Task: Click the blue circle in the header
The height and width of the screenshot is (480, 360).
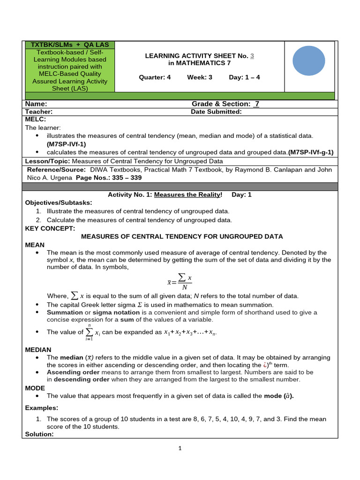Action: (x=308, y=60)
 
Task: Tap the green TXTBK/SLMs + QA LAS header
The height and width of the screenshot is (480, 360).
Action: (x=69, y=45)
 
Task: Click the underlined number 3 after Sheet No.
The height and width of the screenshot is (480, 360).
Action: (x=252, y=56)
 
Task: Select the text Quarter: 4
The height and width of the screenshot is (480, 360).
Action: (x=155, y=77)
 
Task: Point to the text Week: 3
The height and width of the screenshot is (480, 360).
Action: (x=200, y=77)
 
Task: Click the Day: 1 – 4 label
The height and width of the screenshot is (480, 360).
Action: (x=244, y=77)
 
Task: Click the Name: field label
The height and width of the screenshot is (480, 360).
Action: (x=36, y=104)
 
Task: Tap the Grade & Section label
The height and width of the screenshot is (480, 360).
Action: (x=220, y=104)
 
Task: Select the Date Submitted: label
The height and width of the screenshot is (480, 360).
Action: (x=216, y=112)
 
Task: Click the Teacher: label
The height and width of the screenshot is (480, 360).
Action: (x=38, y=112)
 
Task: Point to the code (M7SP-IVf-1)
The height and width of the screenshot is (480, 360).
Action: (x=66, y=144)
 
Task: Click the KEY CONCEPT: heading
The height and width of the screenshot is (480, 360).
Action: (x=50, y=228)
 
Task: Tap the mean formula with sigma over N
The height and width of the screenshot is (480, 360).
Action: (x=180, y=283)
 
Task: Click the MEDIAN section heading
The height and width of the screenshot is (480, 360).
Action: (x=38, y=350)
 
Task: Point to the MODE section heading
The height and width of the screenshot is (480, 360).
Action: (x=35, y=388)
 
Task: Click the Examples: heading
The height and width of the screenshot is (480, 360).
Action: (x=42, y=408)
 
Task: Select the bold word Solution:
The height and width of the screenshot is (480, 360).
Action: (x=39, y=434)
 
